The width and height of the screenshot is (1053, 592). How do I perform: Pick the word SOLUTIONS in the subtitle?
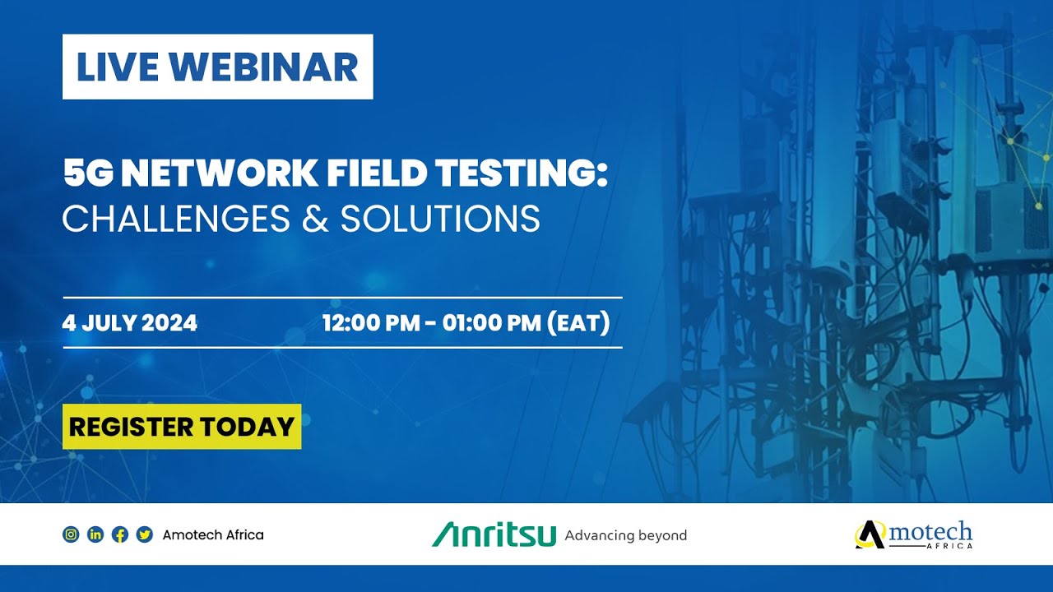pos(440,219)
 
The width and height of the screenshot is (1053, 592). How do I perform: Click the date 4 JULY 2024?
pos(130,323)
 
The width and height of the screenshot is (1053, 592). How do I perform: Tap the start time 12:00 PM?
pos(371,323)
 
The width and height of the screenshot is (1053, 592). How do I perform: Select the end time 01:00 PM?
pos(491,323)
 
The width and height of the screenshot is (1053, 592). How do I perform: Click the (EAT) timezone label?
pos(578,323)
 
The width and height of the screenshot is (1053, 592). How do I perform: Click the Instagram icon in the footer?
pos(72,534)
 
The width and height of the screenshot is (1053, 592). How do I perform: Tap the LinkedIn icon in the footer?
pos(95,534)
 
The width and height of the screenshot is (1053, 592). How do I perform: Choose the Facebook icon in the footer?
pos(120,534)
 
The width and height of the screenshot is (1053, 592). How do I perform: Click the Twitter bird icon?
pos(145,534)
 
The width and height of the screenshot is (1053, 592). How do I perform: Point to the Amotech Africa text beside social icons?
pos(213,534)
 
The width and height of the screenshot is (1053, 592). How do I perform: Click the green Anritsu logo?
pos(494,534)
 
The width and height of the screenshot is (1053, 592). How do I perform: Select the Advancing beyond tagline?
pos(625,535)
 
